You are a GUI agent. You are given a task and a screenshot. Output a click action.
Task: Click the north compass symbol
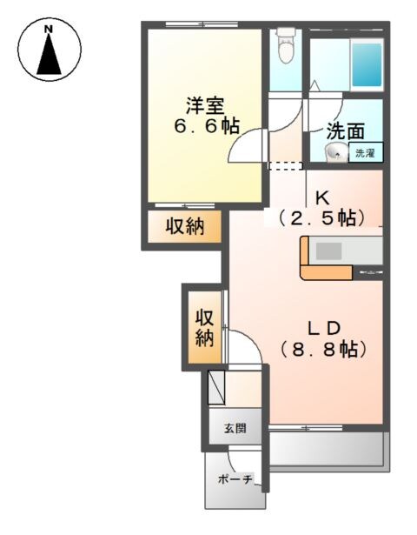pos(50,50)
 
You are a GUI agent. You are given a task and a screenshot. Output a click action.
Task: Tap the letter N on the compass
pos(50,30)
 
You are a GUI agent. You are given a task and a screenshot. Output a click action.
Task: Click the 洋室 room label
pos(206,106)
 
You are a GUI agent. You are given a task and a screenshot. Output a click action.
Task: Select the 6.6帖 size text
pos(204,127)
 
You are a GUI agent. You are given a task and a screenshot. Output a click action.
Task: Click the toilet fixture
pos(285,45)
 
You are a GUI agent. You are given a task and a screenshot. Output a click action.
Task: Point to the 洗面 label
pos(345,133)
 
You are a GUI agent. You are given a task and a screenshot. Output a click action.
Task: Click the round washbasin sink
pos(334,154)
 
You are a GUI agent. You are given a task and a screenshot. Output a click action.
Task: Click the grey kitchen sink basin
pos(331,251)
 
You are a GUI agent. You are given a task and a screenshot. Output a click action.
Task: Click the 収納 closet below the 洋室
pos(184,228)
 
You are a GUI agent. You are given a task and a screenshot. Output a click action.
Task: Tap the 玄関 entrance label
pos(235,428)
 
